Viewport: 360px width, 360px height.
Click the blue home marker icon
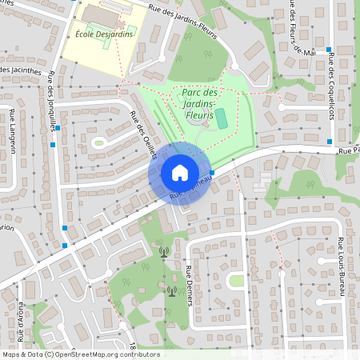click(x=179, y=172)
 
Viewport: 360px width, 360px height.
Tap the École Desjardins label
click(x=103, y=34)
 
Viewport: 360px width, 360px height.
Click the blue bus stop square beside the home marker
click(x=212, y=172)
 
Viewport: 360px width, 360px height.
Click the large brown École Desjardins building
click(x=99, y=14)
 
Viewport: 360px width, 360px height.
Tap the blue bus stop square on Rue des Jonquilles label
click(x=54, y=144)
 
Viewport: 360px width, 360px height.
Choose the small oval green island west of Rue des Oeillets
click(x=98, y=142)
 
